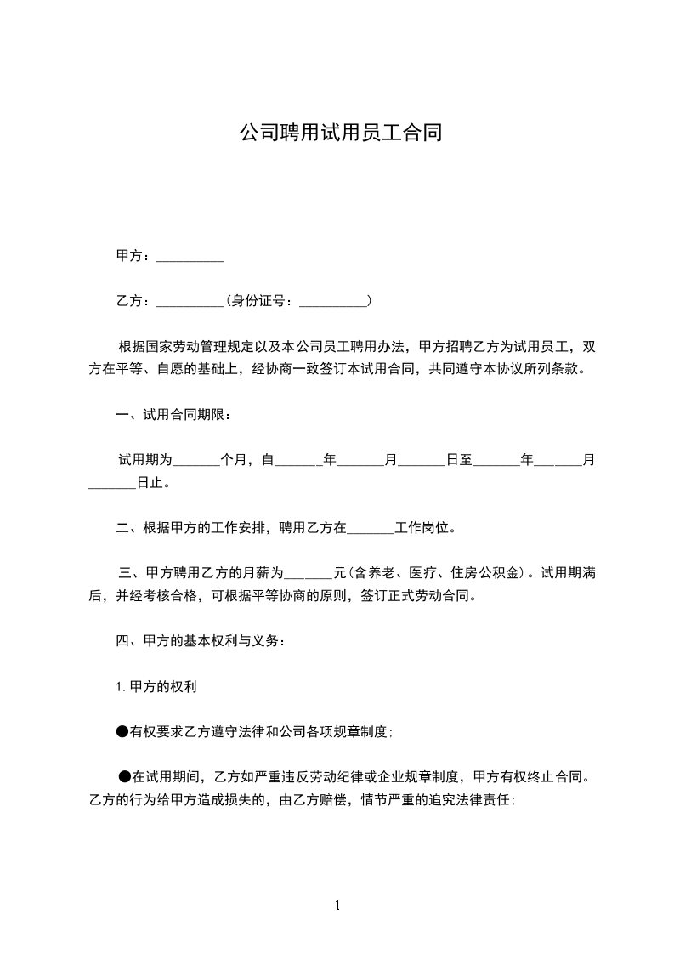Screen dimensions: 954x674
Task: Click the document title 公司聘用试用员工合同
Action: coord(339,133)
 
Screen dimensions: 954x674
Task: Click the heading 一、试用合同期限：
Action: coord(173,415)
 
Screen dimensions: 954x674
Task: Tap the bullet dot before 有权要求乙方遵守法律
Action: coord(122,730)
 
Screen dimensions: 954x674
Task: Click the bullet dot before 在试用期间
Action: coord(125,775)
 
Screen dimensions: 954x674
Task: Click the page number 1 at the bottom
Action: coord(337,906)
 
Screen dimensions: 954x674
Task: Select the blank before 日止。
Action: coord(112,486)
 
